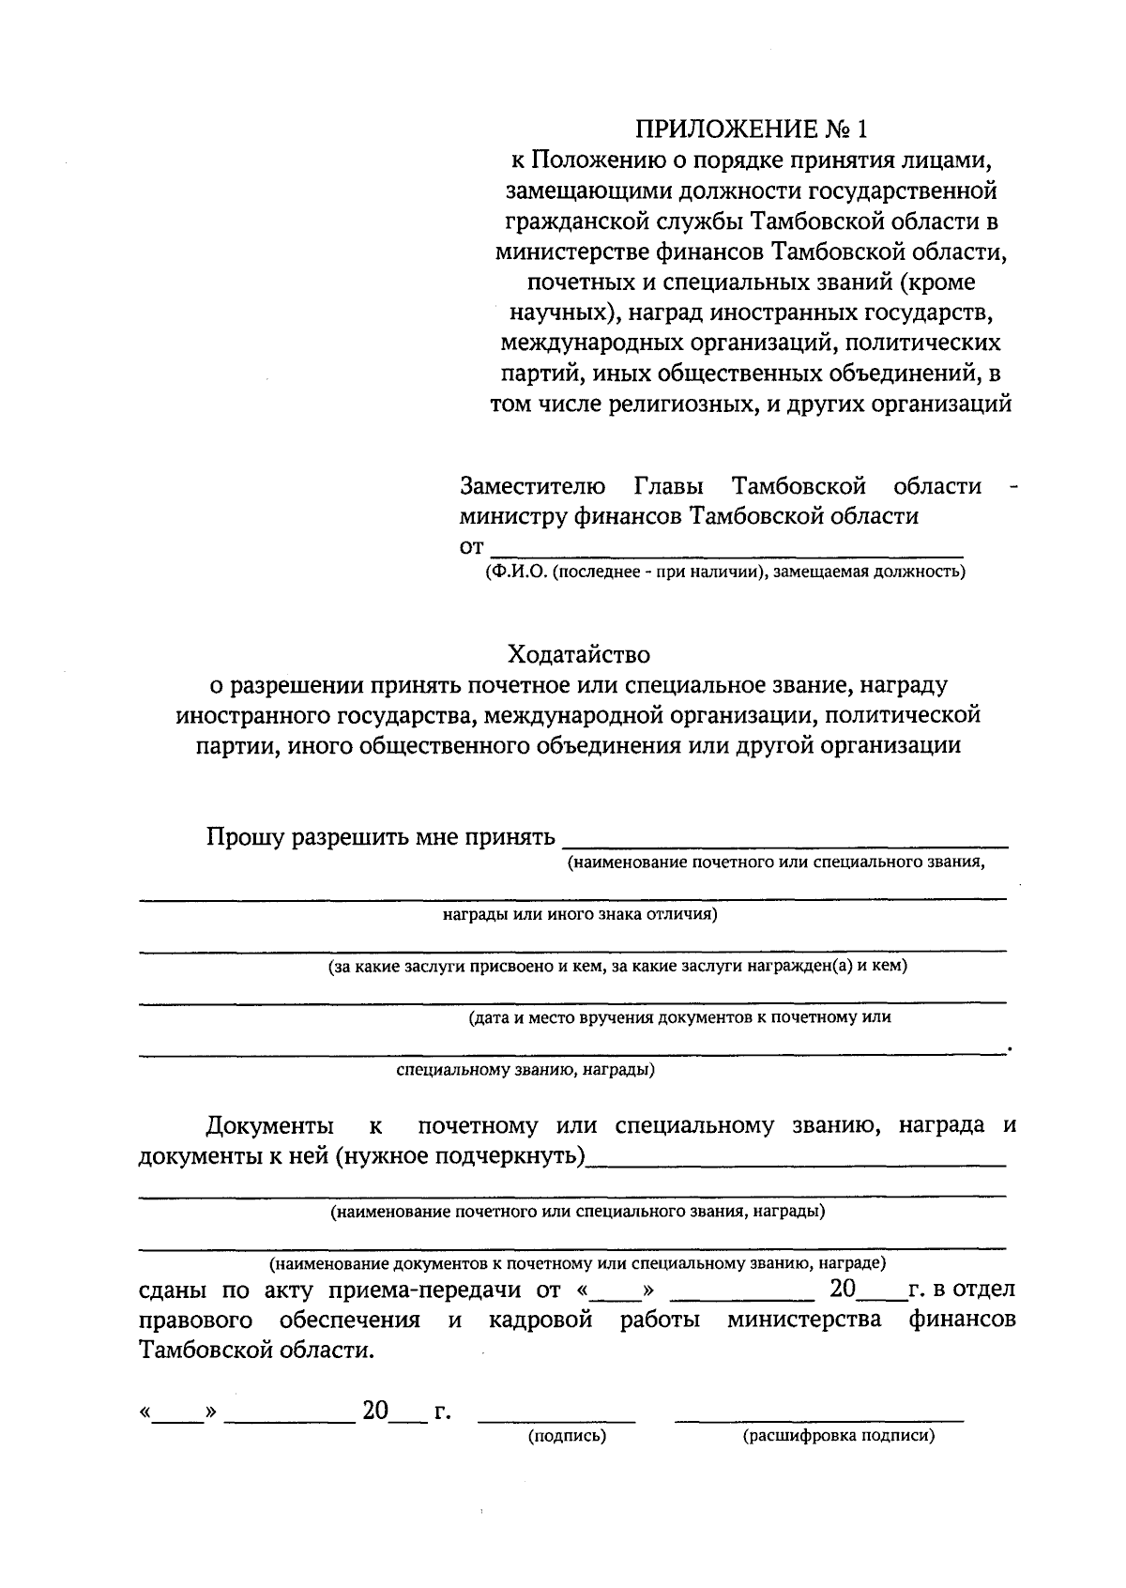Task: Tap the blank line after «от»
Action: (727, 554)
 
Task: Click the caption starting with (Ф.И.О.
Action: (725, 572)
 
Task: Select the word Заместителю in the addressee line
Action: (532, 486)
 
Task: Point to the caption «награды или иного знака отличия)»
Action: (579, 914)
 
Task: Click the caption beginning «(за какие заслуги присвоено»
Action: (616, 966)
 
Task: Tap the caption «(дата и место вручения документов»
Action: (679, 1016)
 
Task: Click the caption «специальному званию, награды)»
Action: (525, 1069)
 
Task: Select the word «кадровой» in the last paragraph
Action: (541, 1321)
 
